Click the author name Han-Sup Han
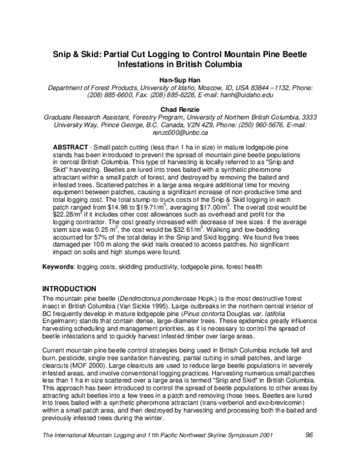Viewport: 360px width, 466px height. click(180, 79)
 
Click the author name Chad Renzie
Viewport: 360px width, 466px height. click(180, 108)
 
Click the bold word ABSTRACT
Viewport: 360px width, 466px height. click(71, 147)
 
